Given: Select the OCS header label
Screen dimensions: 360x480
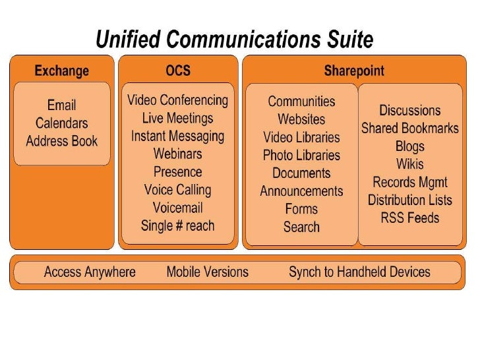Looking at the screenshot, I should [177, 71].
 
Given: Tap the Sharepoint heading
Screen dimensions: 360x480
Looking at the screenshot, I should [353, 71].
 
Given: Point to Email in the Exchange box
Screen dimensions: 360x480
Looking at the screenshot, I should [61, 105].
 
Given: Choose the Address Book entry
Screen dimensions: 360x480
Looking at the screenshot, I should [61, 140].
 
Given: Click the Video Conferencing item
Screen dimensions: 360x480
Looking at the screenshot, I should [177, 101].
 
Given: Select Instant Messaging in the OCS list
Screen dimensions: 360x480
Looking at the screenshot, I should [177, 136].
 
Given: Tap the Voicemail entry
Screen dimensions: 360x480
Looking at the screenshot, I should [177, 208].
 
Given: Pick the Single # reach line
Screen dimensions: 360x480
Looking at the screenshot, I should [177, 225].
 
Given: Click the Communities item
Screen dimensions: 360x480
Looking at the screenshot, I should [301, 102].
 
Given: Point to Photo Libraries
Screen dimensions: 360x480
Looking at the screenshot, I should [301, 156].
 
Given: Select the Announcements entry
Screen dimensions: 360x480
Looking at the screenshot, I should [301, 191].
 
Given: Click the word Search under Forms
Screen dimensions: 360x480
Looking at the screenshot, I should [301, 227].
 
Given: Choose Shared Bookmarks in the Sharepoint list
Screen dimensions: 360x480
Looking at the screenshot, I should [409, 129].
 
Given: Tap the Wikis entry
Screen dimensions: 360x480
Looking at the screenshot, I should [409, 164].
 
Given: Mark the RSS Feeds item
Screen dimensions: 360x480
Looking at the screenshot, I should [409, 218].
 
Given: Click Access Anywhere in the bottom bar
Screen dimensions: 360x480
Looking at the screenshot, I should [90, 272].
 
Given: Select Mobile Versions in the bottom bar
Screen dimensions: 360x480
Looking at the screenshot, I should [207, 272].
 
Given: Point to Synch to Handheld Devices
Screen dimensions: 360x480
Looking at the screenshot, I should [359, 272].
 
